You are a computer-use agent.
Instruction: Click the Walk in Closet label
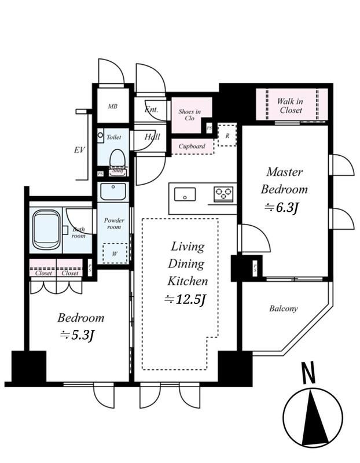[290, 106]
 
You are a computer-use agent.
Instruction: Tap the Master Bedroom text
[284, 181]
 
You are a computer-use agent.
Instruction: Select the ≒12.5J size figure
[185, 299]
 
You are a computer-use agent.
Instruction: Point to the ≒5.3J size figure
[78, 335]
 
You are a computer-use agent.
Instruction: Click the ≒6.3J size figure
[281, 208]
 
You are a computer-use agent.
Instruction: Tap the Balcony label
[283, 308]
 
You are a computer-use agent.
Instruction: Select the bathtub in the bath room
[46, 229]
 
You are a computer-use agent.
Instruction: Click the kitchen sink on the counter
[185, 194]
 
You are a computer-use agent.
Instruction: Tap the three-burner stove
[223, 194]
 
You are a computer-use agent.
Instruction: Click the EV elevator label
[79, 150]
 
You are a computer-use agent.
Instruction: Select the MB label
[112, 106]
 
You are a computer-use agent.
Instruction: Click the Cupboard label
[192, 146]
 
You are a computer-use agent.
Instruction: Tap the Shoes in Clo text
[190, 115]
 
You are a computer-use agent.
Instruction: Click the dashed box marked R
[227, 135]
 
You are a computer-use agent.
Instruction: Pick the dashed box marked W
[115, 253]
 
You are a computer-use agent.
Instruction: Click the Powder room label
[114, 223]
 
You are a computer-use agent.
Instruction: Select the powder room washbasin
[113, 192]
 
